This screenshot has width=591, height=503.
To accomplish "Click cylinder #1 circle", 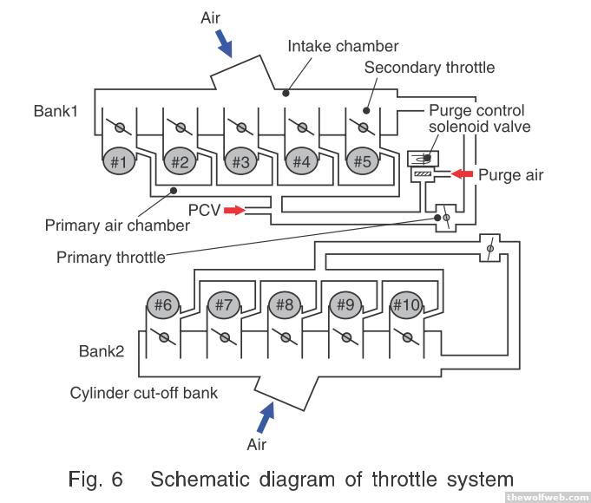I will click(119, 161).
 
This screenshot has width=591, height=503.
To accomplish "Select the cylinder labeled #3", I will click(240, 161).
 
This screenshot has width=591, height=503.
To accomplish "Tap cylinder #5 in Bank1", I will click(362, 161).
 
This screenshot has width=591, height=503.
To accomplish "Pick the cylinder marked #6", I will click(162, 305).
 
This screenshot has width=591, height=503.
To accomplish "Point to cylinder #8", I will click(284, 305).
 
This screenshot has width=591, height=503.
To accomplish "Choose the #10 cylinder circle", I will click(405, 305).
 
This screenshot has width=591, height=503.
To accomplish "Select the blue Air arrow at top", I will click(224, 38).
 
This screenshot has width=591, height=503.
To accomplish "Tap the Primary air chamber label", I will click(117, 225).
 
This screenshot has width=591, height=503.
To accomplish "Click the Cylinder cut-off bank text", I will click(144, 392).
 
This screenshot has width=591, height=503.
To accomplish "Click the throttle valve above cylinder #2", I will click(181, 127).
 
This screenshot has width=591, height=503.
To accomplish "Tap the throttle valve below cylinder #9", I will click(346, 337).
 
